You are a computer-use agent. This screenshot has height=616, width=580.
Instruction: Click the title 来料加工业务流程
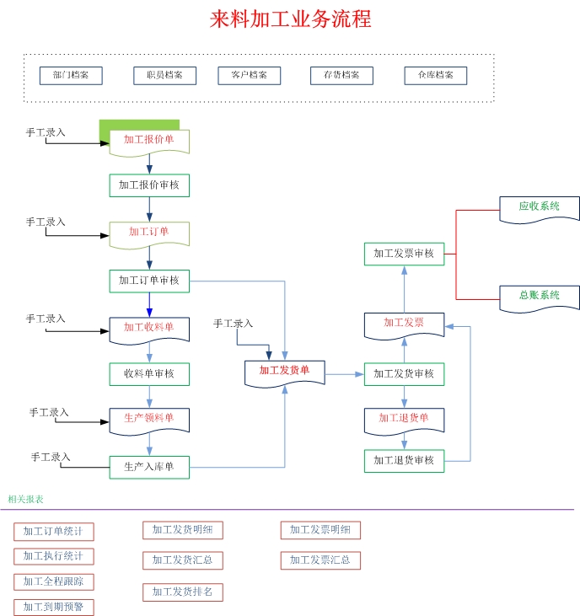coord(290,19)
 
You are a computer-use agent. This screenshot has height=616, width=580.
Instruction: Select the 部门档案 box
coord(71,75)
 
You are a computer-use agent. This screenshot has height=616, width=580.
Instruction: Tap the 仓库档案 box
coord(435,75)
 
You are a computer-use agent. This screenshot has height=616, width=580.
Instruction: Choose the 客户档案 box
coord(249,75)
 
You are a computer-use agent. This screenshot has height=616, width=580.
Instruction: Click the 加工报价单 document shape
coord(149,141)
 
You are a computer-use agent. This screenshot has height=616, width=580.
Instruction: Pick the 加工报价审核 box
coord(149,185)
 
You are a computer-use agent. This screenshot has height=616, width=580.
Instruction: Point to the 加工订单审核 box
coord(149,281)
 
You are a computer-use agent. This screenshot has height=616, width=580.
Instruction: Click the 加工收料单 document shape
coord(149,328)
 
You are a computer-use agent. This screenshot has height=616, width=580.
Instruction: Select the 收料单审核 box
coord(149,373)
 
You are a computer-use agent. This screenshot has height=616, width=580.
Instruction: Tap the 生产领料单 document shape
coord(149,419)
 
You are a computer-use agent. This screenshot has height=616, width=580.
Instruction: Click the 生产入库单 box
coord(149,467)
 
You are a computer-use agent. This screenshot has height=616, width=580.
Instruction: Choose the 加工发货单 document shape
coord(285,371)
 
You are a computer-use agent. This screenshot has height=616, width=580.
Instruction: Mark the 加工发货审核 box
coord(404,373)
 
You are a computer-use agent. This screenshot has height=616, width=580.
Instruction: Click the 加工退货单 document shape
coord(404,419)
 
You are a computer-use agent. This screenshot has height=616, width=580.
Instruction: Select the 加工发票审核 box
coord(404,254)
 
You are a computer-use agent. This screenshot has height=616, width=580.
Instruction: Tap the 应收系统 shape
coord(540,207)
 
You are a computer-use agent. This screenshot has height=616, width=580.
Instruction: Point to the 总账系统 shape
coord(540,297)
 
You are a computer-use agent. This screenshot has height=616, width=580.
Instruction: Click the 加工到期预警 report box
coord(54,607)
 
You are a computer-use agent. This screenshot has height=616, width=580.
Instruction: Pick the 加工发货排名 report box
coord(183,592)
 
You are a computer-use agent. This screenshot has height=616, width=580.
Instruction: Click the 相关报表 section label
coord(26,500)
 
